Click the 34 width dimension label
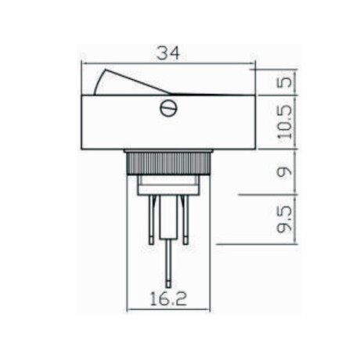point(167,53)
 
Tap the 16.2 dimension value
point(168,298)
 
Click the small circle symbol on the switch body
point(167,108)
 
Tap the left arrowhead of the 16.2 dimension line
point(129,308)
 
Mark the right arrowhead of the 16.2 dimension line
point(209,308)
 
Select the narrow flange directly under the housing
point(168,151)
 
